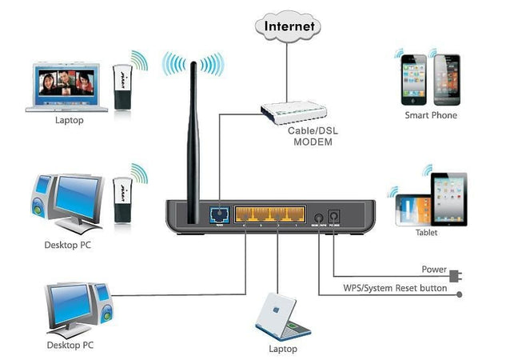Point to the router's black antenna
(191, 144)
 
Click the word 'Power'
(433, 270)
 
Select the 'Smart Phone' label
(431, 115)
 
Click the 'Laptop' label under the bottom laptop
(283, 349)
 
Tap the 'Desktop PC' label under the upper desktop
(68, 244)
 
